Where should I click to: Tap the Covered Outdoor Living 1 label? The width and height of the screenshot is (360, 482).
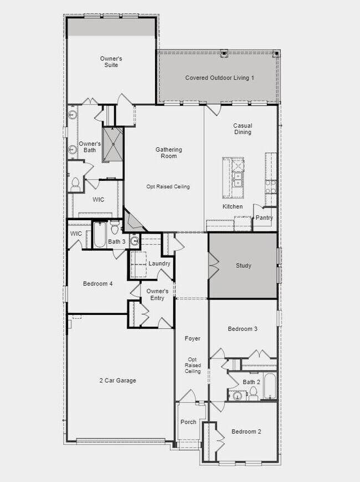pos(219,78)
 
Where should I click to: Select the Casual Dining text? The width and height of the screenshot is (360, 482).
pos(243,129)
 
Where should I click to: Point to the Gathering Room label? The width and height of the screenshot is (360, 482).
pos(168,153)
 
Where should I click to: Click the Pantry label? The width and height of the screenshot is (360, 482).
pos(264,218)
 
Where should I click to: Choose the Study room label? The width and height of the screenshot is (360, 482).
pos(244,266)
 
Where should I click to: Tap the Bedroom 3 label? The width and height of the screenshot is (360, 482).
pos(243,329)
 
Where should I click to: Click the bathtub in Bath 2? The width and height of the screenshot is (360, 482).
pos(270,386)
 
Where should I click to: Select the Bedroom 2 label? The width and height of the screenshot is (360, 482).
pos(246,432)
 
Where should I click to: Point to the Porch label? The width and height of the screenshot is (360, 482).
pos(188,422)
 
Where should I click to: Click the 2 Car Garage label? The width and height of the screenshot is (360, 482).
pos(117,381)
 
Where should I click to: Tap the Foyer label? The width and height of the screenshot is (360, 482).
pos(193,339)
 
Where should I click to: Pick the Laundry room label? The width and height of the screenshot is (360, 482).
pos(160,263)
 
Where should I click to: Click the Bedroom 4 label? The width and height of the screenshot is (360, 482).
pos(98,284)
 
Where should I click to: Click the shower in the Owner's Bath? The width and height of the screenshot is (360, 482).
pos(112,145)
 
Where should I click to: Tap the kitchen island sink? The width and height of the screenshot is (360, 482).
pos(237,180)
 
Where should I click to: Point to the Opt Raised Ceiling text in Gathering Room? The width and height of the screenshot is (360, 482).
pos(168,186)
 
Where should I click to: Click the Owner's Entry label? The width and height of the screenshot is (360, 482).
pos(157,295)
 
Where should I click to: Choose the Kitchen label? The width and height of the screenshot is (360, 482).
pos(233,206)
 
